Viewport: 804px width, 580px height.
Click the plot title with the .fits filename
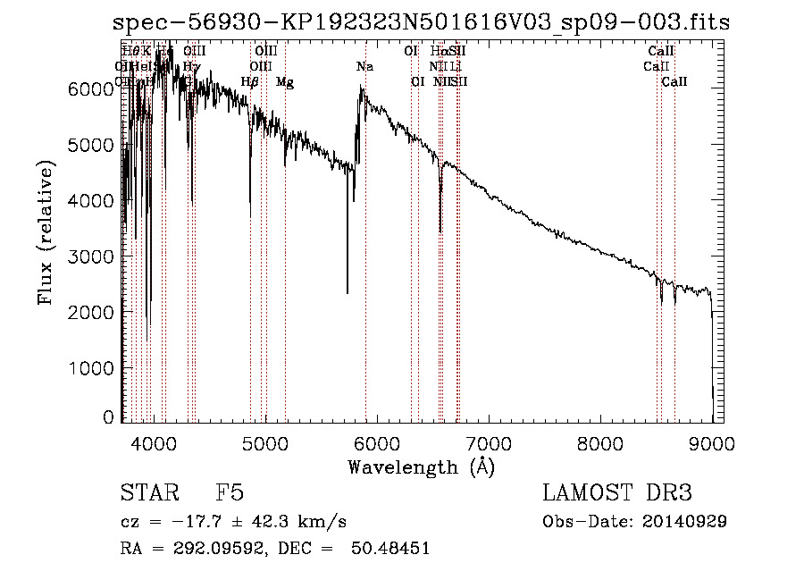[422, 23]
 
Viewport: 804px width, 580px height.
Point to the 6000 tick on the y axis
[122, 88]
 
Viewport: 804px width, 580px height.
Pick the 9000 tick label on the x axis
[712, 442]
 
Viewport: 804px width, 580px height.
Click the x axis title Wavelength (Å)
[421, 467]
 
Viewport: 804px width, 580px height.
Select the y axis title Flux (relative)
[45, 232]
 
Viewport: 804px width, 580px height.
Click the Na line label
[364, 67]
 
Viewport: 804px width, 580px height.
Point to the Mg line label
[284, 82]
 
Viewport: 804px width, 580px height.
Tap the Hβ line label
[250, 82]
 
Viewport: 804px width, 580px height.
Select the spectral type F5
[230, 494]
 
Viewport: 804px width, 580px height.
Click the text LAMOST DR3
[617, 494]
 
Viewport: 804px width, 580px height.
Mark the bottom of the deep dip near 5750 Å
[348, 292]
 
